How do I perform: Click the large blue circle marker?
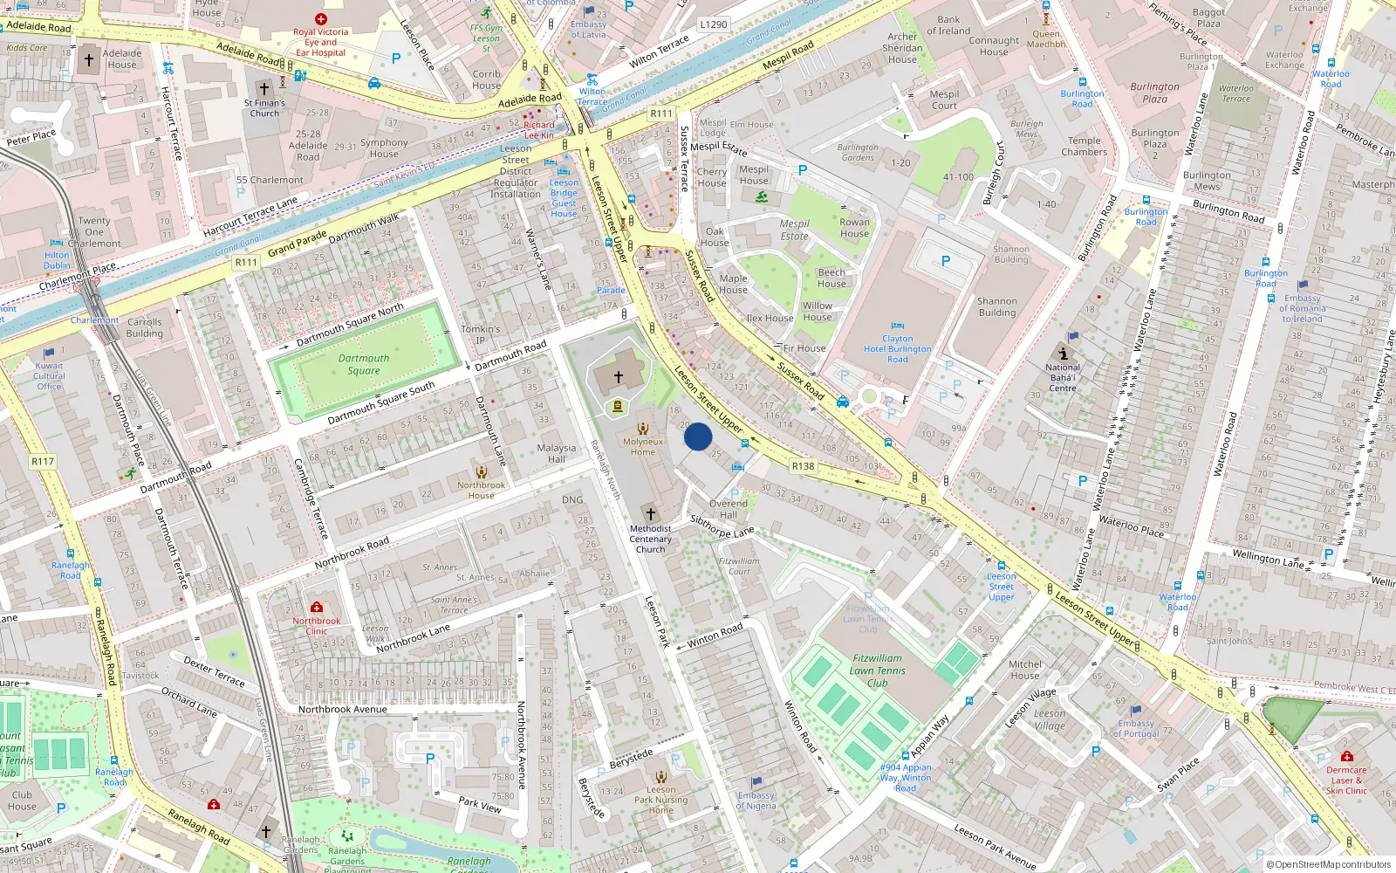click(698, 436)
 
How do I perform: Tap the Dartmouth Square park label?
click(364, 364)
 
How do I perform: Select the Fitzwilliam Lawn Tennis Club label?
click(877, 670)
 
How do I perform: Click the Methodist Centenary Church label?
click(650, 539)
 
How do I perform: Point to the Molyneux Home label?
click(643, 447)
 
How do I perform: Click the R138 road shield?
click(803, 466)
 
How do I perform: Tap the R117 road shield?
click(43, 461)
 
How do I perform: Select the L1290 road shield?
click(713, 24)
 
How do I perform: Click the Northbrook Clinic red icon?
click(317, 607)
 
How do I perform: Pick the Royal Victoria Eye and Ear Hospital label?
click(320, 42)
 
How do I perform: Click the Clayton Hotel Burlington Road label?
click(897, 348)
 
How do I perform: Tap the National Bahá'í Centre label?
click(1063, 377)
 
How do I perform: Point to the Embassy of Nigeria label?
click(756, 801)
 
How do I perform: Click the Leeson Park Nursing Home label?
click(660, 800)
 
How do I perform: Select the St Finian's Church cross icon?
click(264, 88)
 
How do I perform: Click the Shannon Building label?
click(997, 306)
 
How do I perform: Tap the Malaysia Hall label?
click(557, 453)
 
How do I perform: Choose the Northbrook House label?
click(481, 490)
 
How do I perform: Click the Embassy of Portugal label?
click(1136, 728)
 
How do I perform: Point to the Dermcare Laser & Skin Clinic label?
click(1346, 780)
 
